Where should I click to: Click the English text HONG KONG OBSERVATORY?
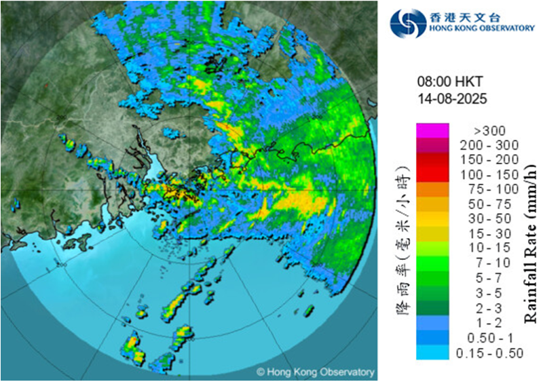click(x=481, y=29)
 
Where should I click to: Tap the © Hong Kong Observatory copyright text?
click(x=315, y=372)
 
